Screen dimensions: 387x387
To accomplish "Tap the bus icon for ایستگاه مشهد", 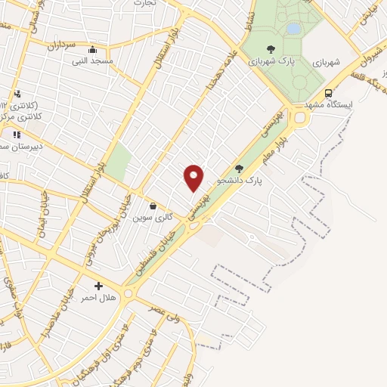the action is [328, 94].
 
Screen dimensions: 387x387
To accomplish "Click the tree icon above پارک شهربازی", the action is [271, 49].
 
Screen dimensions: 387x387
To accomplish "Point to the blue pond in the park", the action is [293, 29].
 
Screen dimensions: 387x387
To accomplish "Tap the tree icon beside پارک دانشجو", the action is [239, 169].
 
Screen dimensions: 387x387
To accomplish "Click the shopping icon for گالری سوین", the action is [153, 206].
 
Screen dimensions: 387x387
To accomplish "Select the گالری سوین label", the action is [153, 217].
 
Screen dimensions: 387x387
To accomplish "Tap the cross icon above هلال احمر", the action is [98, 286].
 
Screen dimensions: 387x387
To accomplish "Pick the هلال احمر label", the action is [98, 298].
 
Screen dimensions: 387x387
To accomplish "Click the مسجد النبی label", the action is [92, 60].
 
